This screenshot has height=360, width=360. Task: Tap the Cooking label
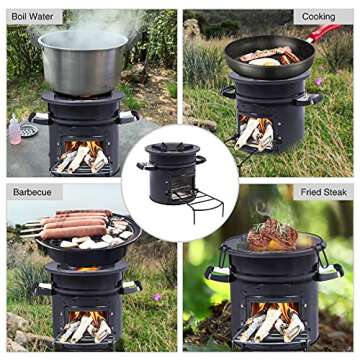coord(320,17)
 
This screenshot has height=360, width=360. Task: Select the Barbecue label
coord(33,191)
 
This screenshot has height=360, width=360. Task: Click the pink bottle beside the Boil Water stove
coord(14,130)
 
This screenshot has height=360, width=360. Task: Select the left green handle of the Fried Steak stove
coord(212,272)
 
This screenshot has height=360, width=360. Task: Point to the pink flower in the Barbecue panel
coord(157,297)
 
